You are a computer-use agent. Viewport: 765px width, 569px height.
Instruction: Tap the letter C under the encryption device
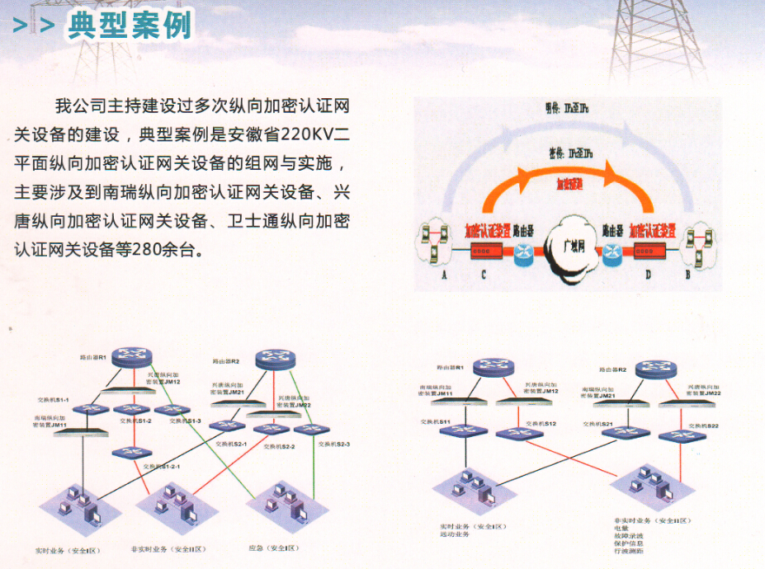(484, 275)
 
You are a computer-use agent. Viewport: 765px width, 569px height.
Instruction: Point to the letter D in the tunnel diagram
(648, 275)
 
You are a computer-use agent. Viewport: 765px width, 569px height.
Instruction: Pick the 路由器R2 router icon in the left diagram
(274, 359)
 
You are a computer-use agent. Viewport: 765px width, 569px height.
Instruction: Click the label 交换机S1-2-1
(163, 467)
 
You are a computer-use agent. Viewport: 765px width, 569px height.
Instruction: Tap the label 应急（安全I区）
(273, 548)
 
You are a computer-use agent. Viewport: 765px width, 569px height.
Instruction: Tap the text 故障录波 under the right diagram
(629, 536)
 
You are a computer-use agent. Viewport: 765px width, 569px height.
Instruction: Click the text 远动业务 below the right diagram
(454, 534)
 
